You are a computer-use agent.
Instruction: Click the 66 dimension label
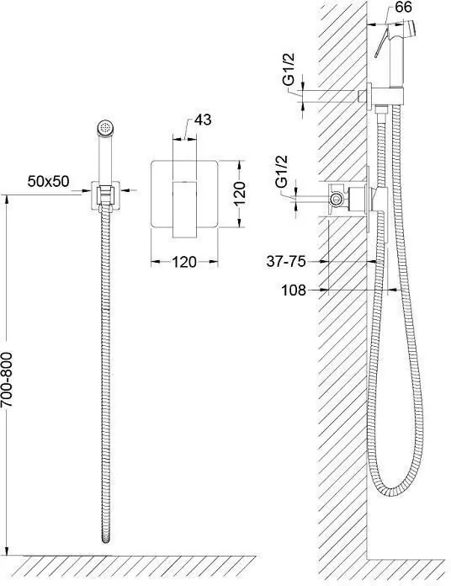[403, 7]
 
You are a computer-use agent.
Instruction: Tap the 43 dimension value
[203, 120]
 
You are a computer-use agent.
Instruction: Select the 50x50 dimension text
[48, 181]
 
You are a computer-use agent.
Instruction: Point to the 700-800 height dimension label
[7, 380]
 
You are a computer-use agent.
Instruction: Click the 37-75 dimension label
[285, 261]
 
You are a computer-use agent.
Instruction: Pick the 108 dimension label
[293, 290]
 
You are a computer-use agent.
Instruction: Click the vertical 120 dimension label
[239, 193]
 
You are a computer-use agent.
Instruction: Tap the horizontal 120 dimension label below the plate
[184, 262]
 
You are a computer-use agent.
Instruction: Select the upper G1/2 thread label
[289, 70]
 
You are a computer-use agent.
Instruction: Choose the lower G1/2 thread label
[282, 172]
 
